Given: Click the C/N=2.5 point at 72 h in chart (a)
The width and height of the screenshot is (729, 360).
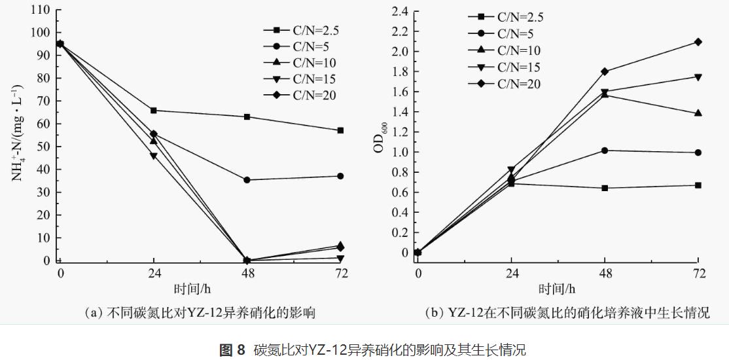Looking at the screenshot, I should click(x=340, y=130).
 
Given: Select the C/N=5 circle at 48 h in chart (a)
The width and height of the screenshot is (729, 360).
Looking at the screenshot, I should click(x=247, y=180).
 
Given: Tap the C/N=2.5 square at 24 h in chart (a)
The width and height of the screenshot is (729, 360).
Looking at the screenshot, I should click(x=153, y=110).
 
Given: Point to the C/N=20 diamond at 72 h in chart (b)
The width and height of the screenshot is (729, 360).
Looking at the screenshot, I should click(x=698, y=42).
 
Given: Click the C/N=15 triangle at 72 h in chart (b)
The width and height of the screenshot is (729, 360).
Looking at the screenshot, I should click(x=698, y=77).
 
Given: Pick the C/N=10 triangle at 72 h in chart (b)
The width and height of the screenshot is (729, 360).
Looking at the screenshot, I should click(x=698, y=113).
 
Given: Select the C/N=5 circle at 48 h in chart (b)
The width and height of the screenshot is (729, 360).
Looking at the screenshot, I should click(x=605, y=151).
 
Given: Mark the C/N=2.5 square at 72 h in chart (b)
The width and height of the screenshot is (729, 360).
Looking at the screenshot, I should click(x=698, y=185).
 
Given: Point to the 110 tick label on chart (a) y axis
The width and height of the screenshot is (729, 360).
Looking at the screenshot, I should click(x=41, y=10).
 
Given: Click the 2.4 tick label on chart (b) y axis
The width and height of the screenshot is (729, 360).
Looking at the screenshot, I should click(x=399, y=11).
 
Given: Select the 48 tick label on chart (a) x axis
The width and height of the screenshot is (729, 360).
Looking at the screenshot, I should click(x=247, y=274).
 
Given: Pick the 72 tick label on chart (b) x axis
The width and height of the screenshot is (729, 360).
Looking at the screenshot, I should click(x=698, y=274).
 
